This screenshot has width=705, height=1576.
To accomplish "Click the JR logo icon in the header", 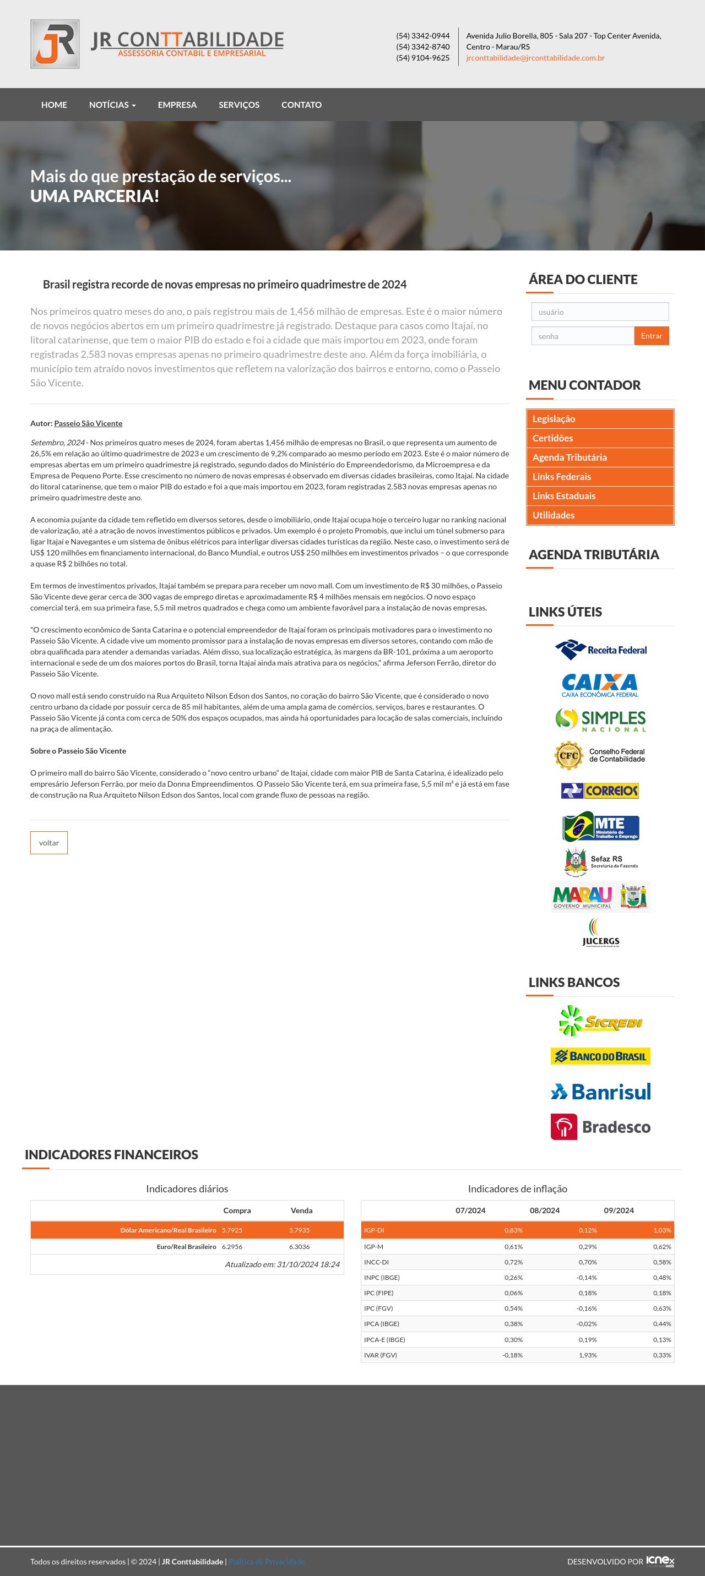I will pyautogui.click(x=55, y=44).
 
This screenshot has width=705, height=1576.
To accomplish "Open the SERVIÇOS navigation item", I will pyautogui.click(x=238, y=105).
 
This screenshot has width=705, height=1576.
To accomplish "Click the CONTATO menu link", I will pyautogui.click(x=301, y=105).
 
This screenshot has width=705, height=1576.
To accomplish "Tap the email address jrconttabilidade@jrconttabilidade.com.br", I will pyautogui.click(x=535, y=58).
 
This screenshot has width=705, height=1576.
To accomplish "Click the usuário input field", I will pyautogui.click(x=600, y=312).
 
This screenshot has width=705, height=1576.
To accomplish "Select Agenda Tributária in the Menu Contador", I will pyautogui.click(x=569, y=457).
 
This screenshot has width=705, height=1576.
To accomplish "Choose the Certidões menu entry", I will pyautogui.click(x=552, y=438).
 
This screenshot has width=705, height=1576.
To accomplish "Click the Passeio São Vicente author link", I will pyautogui.click(x=88, y=423).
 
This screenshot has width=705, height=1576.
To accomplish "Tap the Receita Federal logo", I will pyautogui.click(x=600, y=650).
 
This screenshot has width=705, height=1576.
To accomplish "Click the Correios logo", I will pyautogui.click(x=600, y=790).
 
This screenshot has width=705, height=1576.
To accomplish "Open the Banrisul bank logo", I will pyautogui.click(x=600, y=1092).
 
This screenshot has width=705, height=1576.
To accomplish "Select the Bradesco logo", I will pyautogui.click(x=600, y=1127).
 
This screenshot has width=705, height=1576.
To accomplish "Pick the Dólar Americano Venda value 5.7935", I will pyautogui.click(x=299, y=1230).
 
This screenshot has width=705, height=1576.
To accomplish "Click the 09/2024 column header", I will pyautogui.click(x=619, y=1210).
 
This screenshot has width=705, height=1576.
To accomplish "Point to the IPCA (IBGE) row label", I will pyautogui.click(x=381, y=1323).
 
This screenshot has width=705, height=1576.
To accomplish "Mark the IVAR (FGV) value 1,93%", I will pyautogui.click(x=588, y=1355).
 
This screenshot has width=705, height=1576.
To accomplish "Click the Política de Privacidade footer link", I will pyautogui.click(x=266, y=1561).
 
